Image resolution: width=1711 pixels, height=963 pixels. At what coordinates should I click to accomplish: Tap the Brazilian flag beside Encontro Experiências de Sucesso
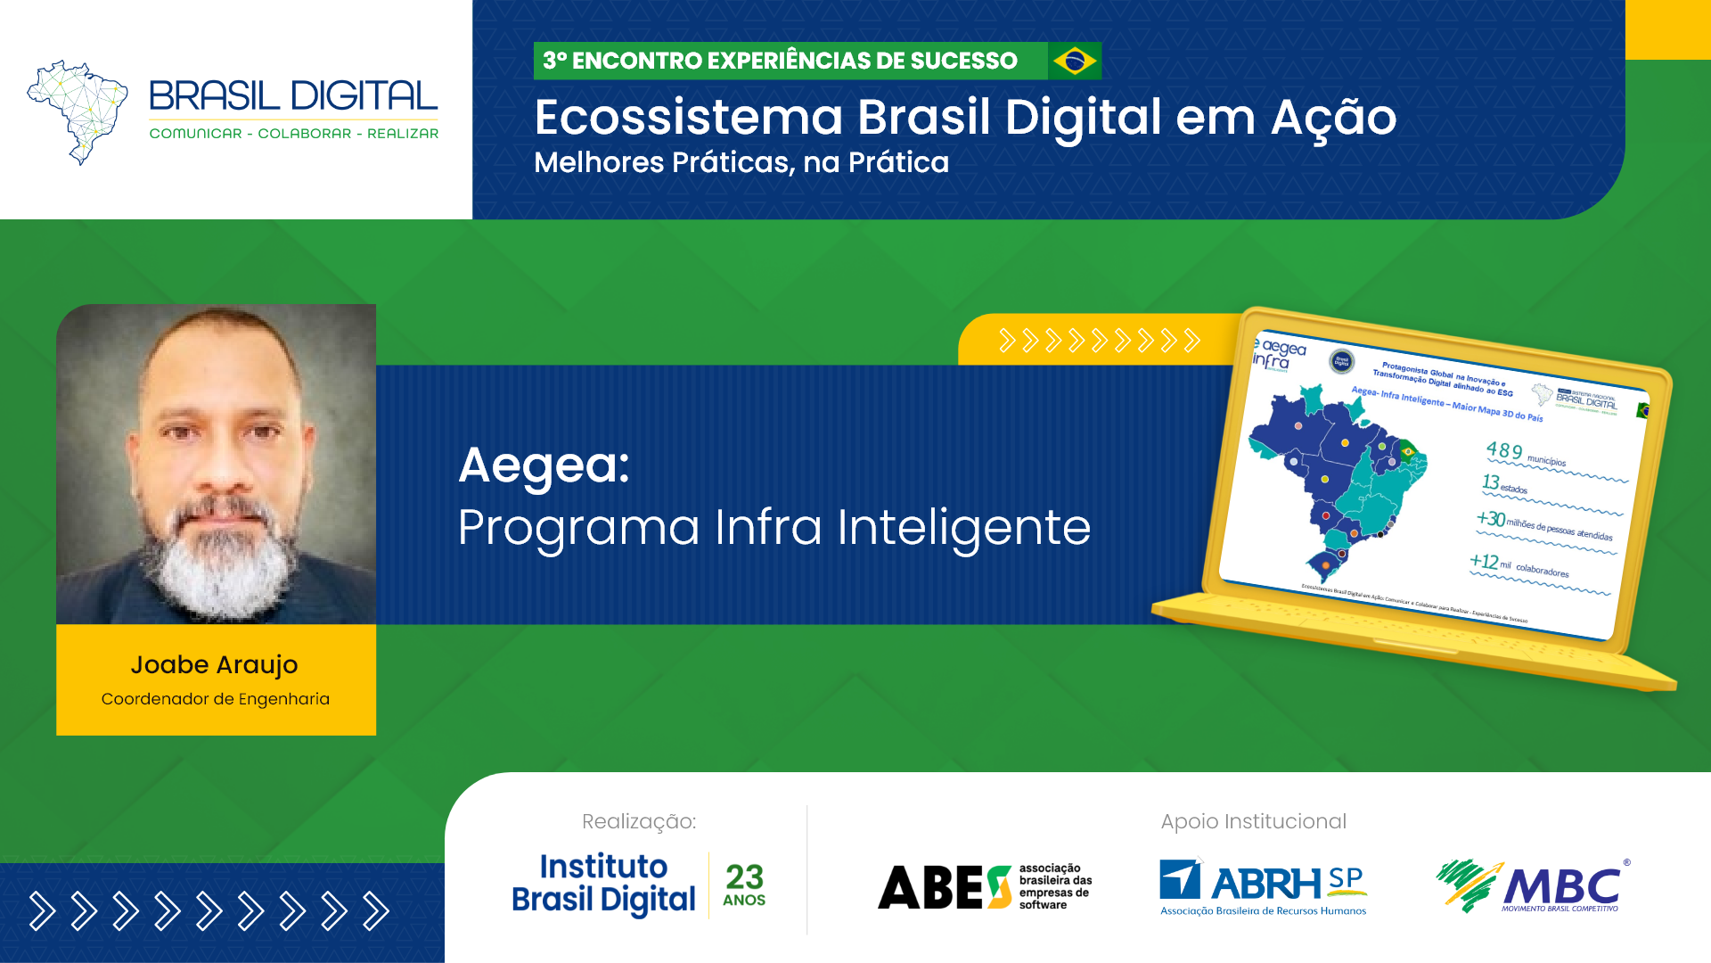coord(1075,61)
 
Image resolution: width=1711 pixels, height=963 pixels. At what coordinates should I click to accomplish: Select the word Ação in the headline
coord(1333,117)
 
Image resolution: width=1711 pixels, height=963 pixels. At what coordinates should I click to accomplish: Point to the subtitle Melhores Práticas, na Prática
coord(741,162)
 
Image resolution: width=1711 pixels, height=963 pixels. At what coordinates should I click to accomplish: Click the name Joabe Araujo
coord(214,664)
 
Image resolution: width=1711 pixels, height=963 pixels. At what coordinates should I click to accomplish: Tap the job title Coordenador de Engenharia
coord(215,699)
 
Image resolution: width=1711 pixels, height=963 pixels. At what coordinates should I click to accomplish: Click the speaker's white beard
coord(218,562)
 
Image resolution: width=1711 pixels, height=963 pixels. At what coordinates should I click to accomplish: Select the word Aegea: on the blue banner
coord(544,465)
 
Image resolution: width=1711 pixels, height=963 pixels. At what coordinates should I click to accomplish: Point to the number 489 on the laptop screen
coord(1504,450)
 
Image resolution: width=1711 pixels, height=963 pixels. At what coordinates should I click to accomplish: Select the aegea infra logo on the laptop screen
coord(1279,354)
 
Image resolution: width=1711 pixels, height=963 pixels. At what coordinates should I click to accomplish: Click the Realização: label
coord(638,821)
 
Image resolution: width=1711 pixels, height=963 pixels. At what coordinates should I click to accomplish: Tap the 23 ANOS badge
coord(744,885)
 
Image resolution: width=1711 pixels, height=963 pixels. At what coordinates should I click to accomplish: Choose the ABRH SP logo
coord(1263,886)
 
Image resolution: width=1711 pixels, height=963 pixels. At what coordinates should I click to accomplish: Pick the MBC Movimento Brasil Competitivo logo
coord(1533,886)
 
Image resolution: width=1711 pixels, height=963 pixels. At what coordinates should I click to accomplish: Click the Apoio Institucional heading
coord(1253,821)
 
